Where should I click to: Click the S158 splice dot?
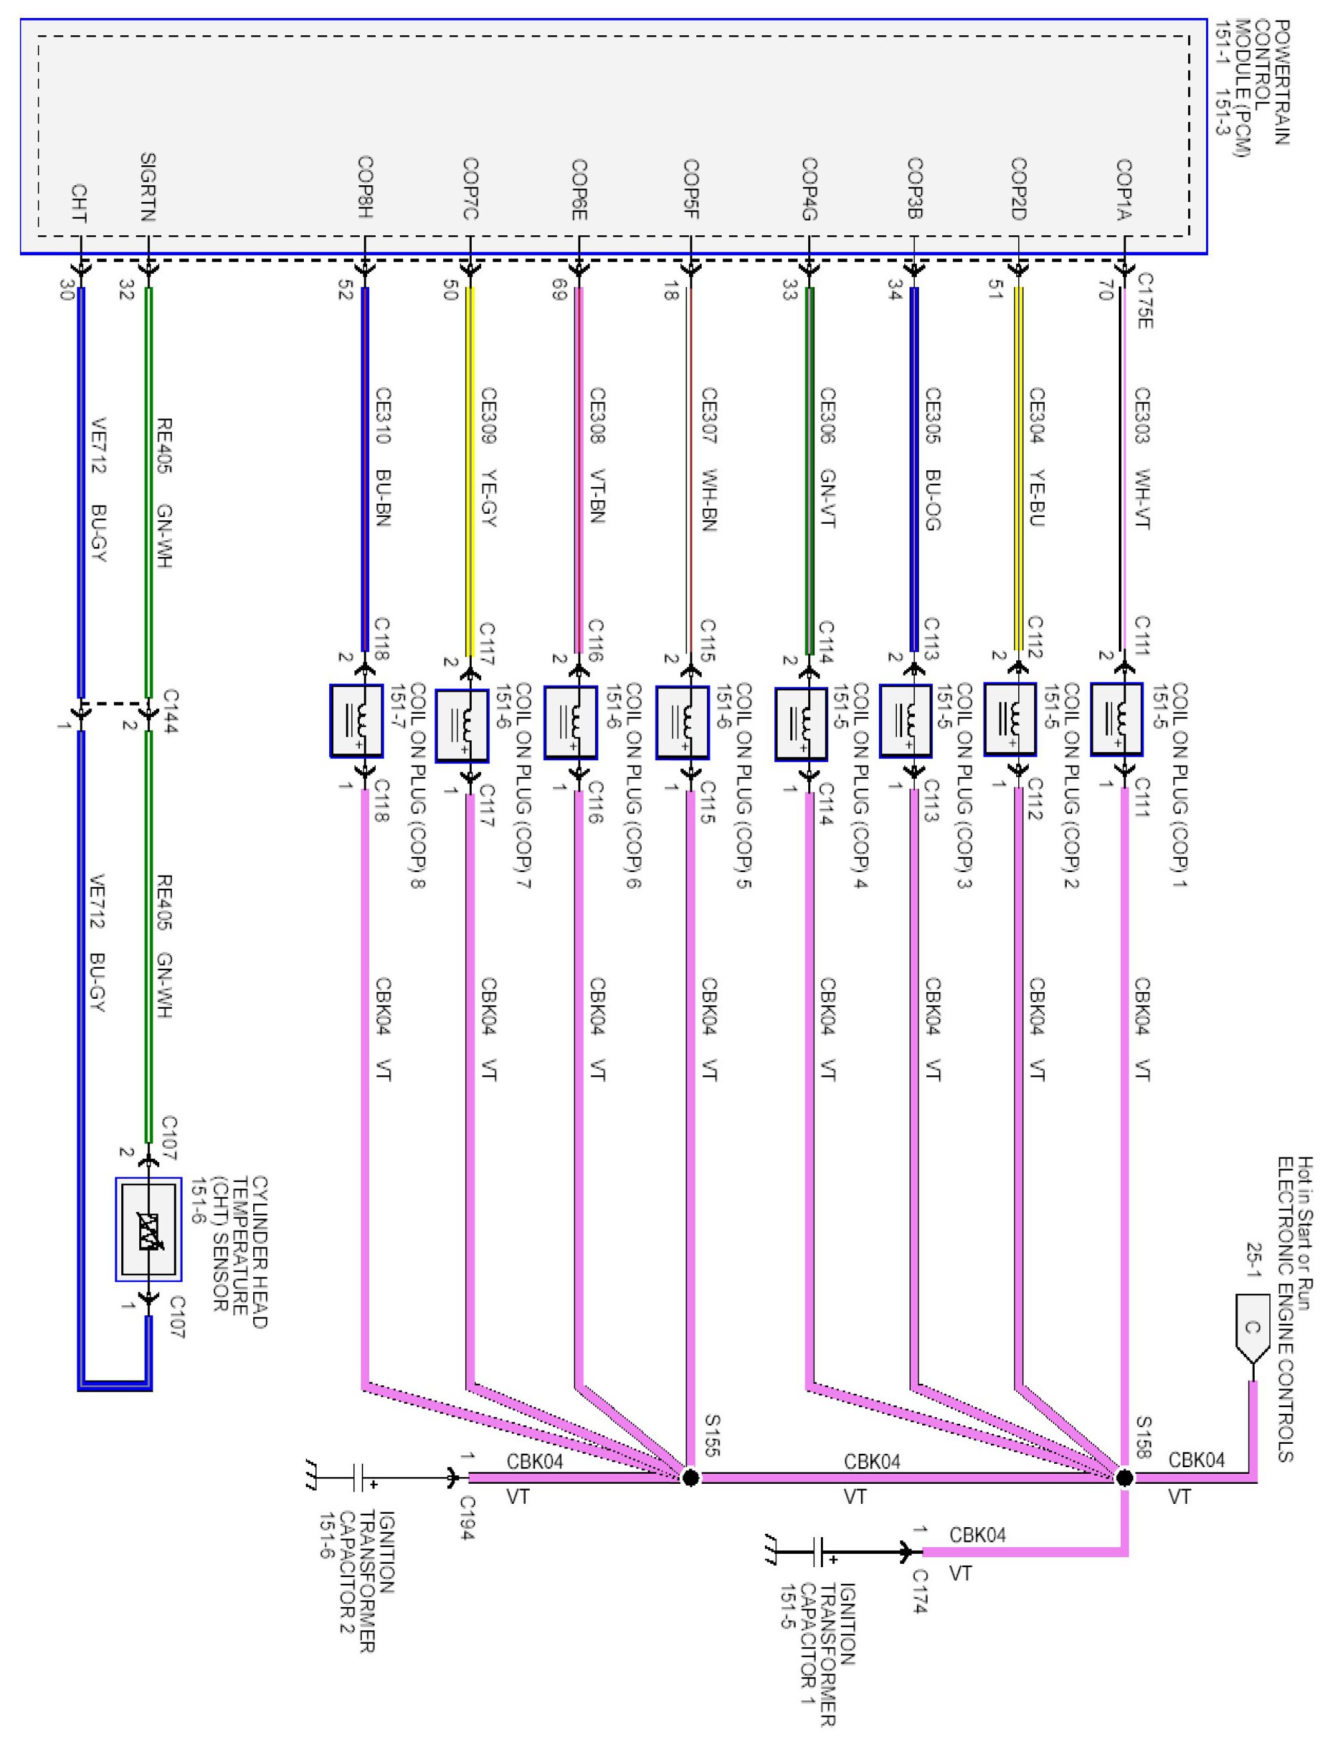1124,1477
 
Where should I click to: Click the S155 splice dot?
690,1477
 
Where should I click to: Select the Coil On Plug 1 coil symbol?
1116,719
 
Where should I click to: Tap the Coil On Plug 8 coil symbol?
356,720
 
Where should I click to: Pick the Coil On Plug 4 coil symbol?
801,724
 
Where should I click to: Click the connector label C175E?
1145,300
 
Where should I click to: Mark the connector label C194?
467,1518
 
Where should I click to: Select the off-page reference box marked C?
1251,1329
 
